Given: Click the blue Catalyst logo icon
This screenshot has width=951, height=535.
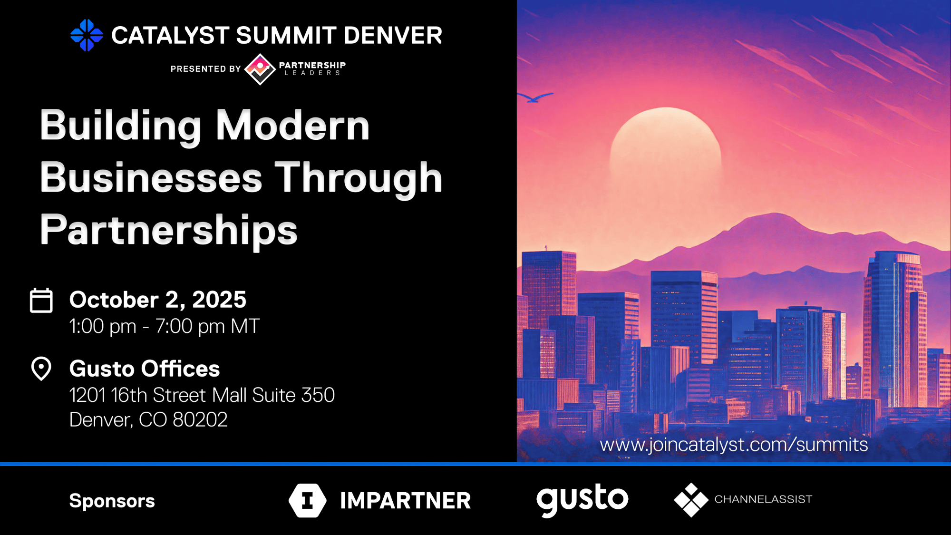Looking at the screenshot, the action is pos(87,35).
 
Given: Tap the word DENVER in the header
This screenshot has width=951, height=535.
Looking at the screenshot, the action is pos(393,36).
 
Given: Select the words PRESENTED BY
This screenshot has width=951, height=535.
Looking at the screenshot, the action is pos(205,69).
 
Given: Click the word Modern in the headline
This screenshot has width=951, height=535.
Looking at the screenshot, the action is pos(293,126).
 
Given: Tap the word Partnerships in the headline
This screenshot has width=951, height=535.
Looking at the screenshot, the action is pos(169,231).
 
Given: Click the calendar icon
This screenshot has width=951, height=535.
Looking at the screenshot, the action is pos(41,300).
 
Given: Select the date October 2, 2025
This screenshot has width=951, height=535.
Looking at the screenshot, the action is pos(158,300).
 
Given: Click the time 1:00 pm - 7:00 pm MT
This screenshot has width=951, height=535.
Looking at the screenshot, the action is pos(165,326).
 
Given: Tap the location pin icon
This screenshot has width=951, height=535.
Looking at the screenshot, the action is pos(41,369).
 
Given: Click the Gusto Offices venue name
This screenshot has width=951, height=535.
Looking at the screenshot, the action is pos(145,369).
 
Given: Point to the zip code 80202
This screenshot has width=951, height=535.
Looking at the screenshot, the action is pos(200,420).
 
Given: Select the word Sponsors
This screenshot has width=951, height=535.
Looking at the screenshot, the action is pos(112,501).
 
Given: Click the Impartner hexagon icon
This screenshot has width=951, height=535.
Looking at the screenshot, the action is pos(308,500).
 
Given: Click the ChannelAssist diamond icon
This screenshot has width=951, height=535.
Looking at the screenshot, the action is pos(691,500).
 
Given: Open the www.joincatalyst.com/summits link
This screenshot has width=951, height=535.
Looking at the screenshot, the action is pos(734,445).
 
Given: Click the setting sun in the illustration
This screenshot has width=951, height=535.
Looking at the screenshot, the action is pos(665,147).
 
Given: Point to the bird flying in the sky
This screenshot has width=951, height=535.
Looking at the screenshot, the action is pos(536,97).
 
